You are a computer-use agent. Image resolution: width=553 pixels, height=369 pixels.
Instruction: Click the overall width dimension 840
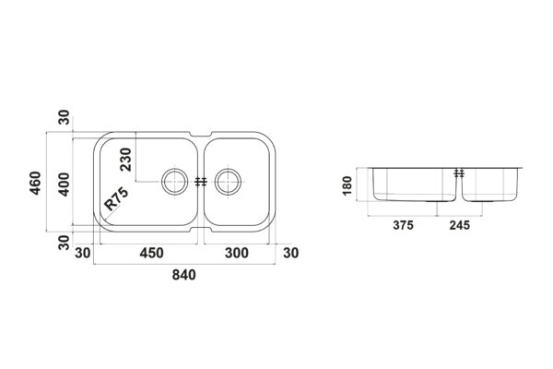(x=183, y=275)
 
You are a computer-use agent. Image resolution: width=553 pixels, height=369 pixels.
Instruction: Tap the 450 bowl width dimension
(x=152, y=253)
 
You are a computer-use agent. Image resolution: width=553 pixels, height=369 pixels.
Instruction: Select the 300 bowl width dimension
(x=237, y=253)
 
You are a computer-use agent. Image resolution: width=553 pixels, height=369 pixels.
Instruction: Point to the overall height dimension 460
(x=35, y=183)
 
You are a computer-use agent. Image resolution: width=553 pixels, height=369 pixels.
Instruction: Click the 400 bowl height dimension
(x=65, y=184)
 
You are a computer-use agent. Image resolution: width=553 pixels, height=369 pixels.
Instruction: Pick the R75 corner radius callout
(x=116, y=198)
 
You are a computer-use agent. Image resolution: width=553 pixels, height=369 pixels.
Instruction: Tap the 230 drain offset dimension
(x=125, y=160)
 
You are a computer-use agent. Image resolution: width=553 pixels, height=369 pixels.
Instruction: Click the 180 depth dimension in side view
(x=347, y=185)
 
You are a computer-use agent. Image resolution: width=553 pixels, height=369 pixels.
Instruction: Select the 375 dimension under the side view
(x=403, y=225)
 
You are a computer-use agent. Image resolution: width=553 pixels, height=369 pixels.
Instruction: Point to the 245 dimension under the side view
(x=460, y=225)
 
